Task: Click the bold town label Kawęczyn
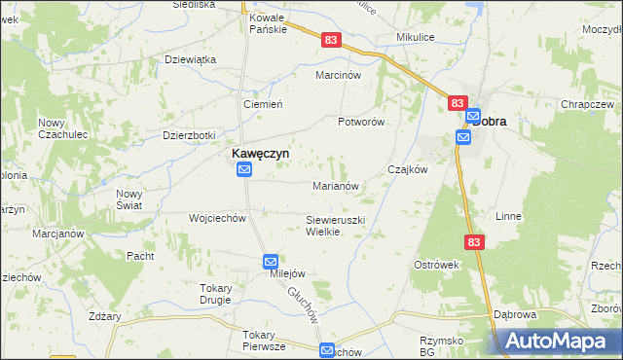[258, 153]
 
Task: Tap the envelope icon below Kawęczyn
[244, 170]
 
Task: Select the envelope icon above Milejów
[271, 262]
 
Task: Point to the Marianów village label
[337, 185]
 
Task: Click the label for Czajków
[408, 168]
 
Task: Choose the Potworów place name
[361, 122]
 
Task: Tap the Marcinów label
[338, 74]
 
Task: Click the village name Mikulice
[414, 37]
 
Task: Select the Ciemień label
[262, 104]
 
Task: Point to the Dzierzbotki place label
[189, 135]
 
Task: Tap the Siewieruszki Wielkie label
[335, 226]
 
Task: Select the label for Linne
[509, 216]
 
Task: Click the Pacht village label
[141, 256]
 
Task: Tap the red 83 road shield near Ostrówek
[473, 242]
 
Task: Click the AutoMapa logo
[560, 342]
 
